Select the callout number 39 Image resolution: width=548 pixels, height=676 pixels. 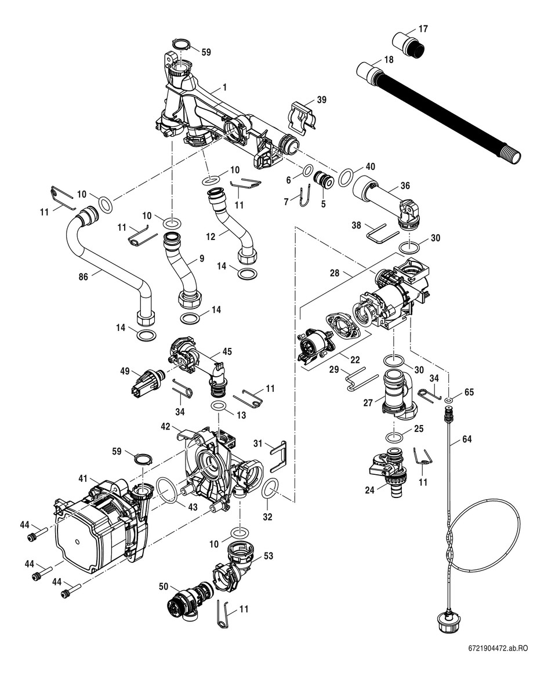click(x=321, y=100)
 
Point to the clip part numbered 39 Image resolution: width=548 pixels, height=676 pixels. click(x=302, y=116)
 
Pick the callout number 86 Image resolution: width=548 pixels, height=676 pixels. click(x=84, y=278)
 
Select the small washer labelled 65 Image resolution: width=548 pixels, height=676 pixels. click(x=449, y=400)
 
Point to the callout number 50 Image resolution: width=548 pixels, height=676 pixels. click(x=164, y=586)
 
